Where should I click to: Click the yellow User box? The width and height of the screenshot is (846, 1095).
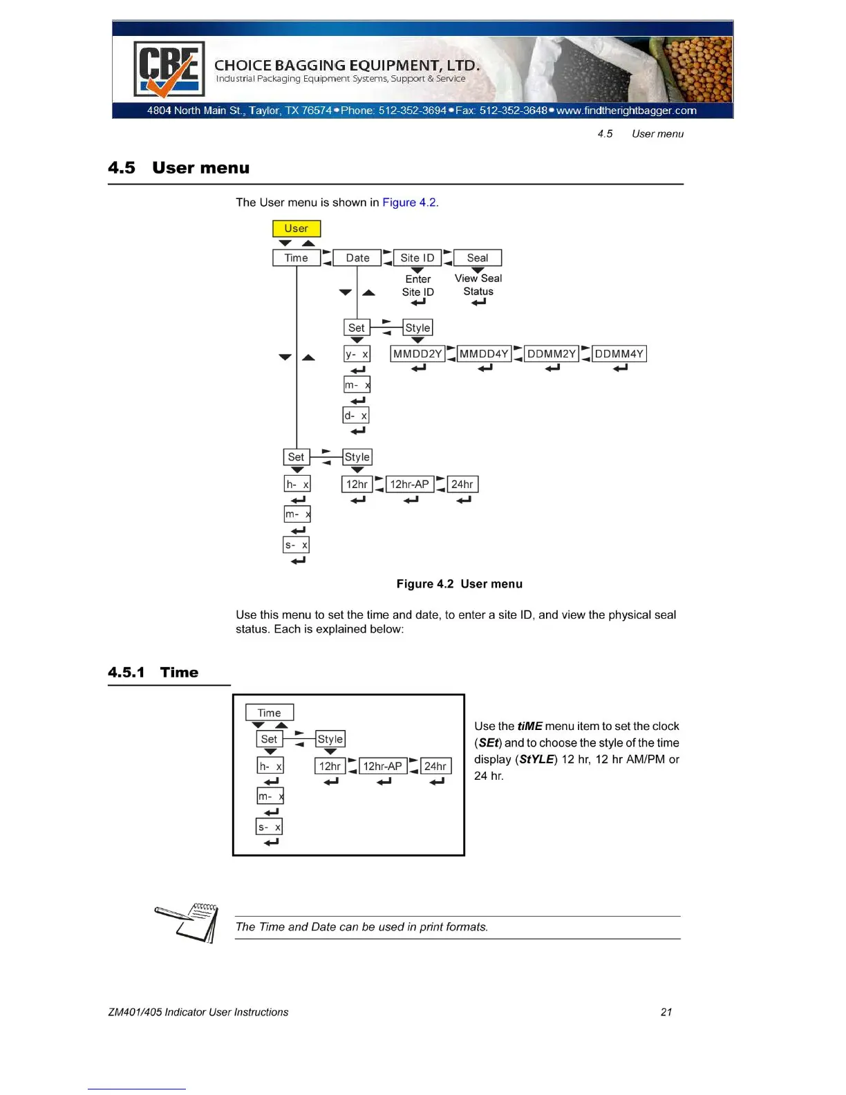(x=297, y=229)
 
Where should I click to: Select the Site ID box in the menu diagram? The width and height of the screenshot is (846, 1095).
(x=417, y=258)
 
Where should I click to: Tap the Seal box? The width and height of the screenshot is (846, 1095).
(x=478, y=258)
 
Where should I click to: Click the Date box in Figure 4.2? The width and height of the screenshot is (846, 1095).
(x=357, y=258)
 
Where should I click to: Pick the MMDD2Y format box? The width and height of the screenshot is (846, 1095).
(x=417, y=354)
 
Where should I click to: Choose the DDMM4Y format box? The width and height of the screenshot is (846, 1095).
(x=619, y=354)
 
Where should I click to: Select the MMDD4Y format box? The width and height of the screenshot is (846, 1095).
(x=484, y=354)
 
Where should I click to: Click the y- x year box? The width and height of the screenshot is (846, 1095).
(x=357, y=354)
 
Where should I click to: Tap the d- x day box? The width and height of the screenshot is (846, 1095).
(x=356, y=415)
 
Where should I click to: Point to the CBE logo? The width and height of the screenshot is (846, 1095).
(x=169, y=69)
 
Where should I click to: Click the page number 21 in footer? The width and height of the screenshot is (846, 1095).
(x=666, y=1012)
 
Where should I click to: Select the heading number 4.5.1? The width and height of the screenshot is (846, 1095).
(x=126, y=673)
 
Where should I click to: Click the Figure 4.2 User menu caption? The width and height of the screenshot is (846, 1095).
(x=459, y=584)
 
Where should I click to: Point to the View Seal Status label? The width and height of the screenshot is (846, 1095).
(x=478, y=285)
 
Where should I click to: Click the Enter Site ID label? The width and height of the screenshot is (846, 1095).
(x=418, y=286)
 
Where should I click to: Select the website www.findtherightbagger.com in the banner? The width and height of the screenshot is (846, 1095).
(x=626, y=111)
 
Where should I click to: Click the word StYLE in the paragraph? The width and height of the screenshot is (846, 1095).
(x=536, y=760)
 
